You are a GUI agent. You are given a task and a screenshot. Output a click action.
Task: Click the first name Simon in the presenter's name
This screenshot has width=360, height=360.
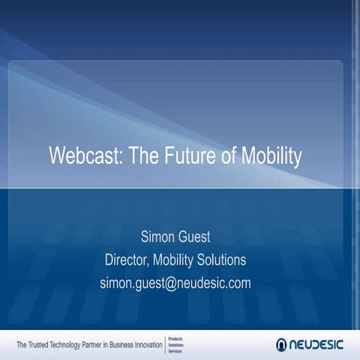(x=158, y=238)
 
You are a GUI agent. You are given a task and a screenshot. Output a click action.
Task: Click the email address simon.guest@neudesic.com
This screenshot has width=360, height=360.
(x=175, y=283)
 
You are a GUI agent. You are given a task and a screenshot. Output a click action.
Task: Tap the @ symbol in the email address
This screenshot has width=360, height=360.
(x=169, y=283)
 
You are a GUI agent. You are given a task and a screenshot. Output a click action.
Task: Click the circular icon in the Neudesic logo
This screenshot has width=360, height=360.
(x=282, y=344)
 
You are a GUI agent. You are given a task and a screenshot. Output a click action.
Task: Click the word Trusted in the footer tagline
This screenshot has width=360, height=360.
(x=43, y=345)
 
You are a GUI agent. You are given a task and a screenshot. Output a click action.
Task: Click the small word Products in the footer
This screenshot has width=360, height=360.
(x=175, y=338)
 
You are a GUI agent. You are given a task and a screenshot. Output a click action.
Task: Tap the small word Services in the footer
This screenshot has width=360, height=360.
(x=175, y=351)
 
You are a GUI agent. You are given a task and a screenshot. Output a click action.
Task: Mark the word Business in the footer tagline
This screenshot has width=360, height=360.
(x=119, y=345)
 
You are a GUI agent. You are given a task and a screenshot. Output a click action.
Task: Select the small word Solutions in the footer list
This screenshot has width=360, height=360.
(x=175, y=345)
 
